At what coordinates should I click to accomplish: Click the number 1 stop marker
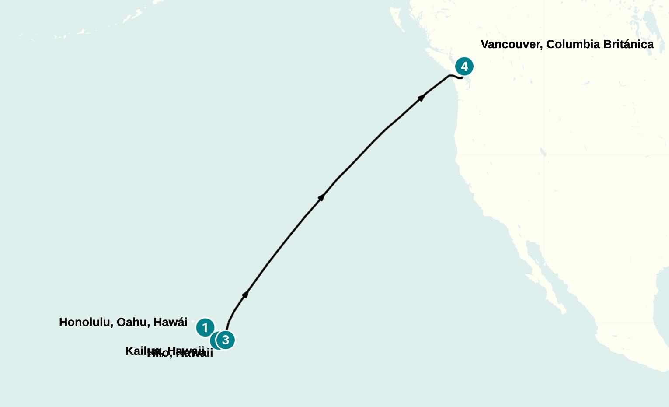pyautogui.click(x=205, y=327)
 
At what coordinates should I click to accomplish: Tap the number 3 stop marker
pyautogui.click(x=226, y=340)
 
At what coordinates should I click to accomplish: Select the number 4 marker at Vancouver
pyautogui.click(x=464, y=67)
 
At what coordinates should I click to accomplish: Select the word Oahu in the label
pyautogui.click(x=132, y=323)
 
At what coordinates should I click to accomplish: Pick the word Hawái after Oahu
pyautogui.click(x=170, y=323)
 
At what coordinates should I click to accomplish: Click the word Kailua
pyautogui.click(x=142, y=351)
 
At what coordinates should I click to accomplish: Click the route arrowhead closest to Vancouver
pyautogui.click(x=422, y=97)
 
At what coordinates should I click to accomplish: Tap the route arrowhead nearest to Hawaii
pyautogui.click(x=246, y=294)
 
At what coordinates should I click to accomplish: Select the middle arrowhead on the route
pyautogui.click(x=321, y=197)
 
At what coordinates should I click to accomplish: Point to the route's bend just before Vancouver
pyautogui.click(x=449, y=76)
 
